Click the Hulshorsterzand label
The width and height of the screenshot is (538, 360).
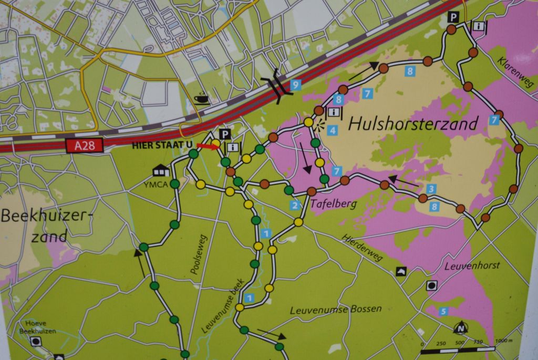point(413,124)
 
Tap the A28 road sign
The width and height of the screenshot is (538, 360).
point(81,145)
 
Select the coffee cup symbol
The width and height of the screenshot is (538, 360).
point(201,98)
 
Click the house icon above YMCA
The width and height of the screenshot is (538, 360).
point(160,170)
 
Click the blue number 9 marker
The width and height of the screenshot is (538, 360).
point(296,84)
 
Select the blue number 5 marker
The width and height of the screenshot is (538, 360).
point(444,311)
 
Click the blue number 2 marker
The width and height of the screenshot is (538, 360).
point(295,205)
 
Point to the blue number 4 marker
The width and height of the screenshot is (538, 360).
point(332,129)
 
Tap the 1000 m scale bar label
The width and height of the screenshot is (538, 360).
point(502,342)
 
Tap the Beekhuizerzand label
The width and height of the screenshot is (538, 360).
point(47,226)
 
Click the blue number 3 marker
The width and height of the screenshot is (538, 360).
point(431,189)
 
